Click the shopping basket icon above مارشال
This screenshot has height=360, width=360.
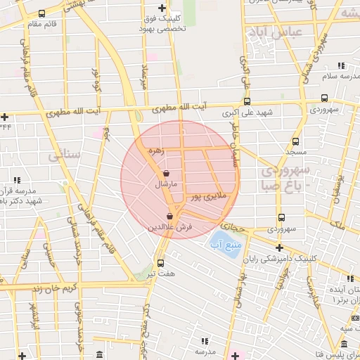click(x=166, y=173)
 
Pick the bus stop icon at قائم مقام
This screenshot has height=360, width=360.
click(x=43, y=13)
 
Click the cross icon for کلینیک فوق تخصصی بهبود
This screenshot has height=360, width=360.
click(x=162, y=8)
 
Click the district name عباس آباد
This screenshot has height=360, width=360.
click(x=274, y=32)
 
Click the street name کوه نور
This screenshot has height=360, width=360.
click(x=98, y=77)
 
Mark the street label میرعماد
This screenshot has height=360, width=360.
click(x=146, y=73)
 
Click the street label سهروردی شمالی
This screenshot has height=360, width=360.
click(x=321, y=53)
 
